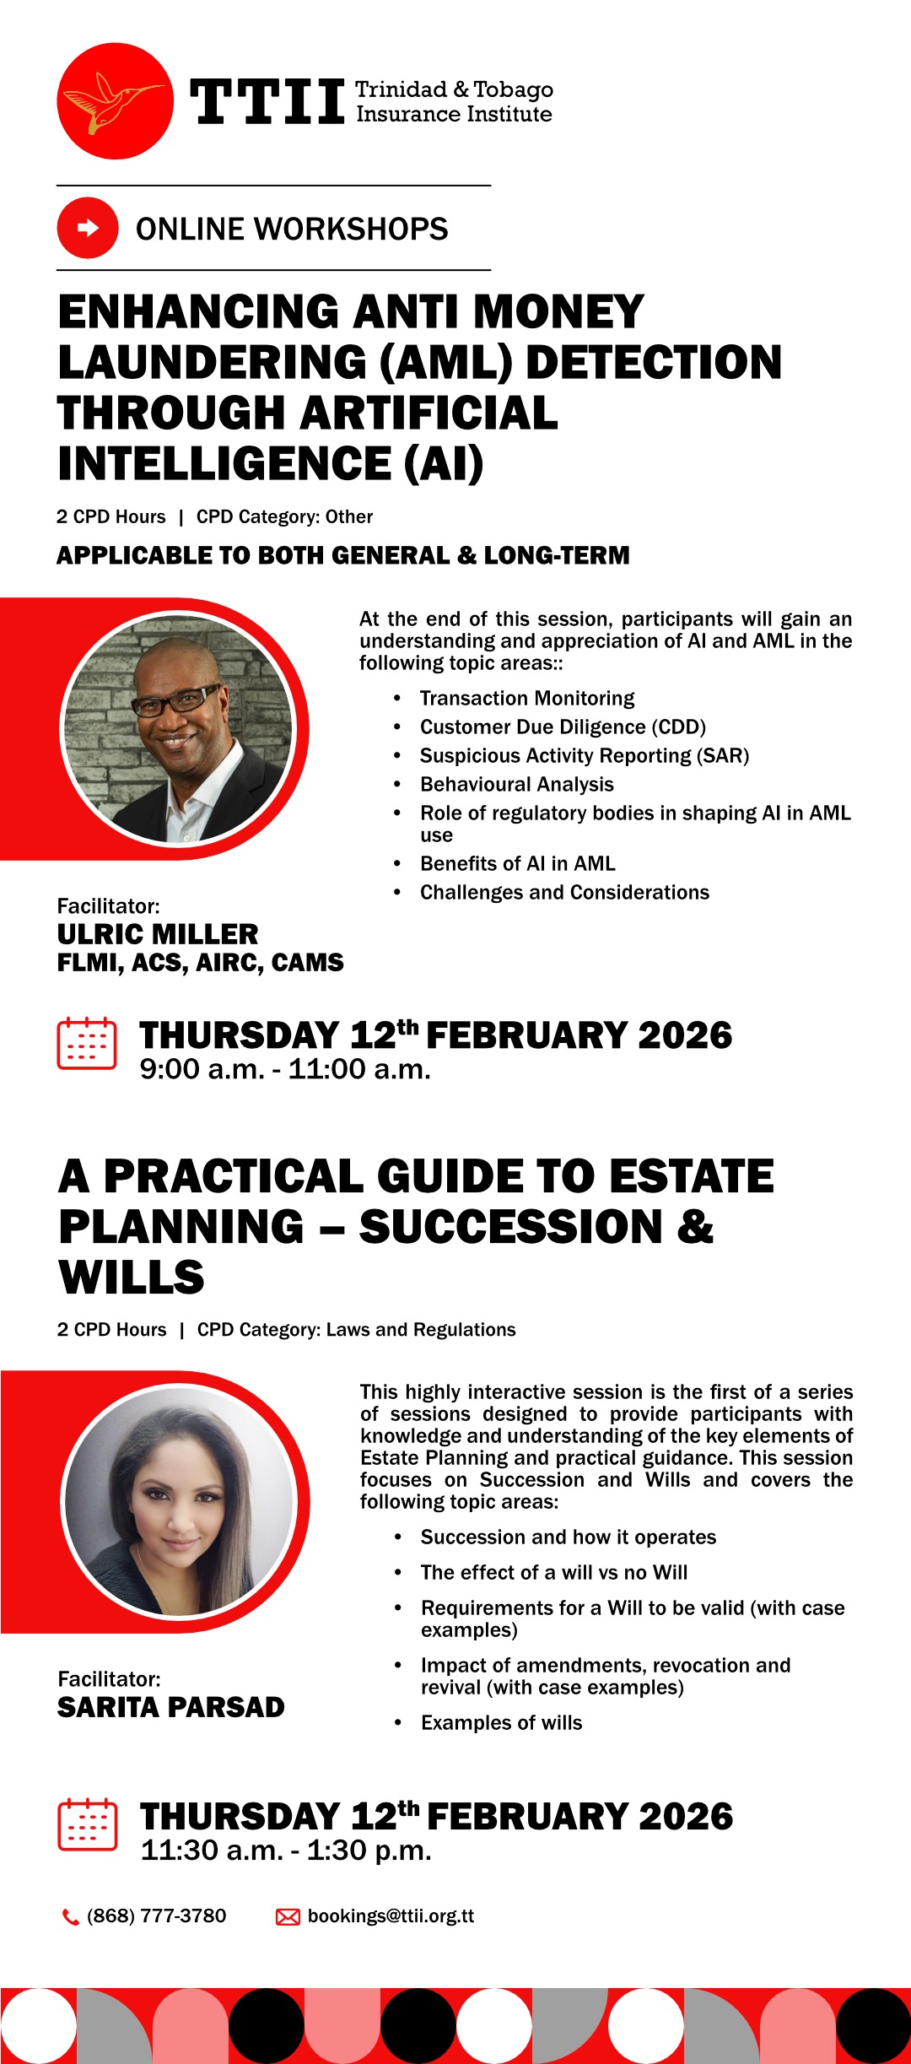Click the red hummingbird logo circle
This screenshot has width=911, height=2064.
115,101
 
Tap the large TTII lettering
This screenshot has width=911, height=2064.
267,102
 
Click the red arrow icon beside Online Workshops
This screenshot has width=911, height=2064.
88,228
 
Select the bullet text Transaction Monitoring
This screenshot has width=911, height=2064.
527,699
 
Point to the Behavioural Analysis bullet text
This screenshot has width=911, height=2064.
517,785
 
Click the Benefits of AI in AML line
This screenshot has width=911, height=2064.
518,864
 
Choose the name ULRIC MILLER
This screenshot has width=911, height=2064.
158,934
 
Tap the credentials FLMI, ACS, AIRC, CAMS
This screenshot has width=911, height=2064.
200,963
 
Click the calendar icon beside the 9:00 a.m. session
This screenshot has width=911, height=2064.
87,1044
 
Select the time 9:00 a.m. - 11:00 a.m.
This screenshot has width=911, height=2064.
285,1070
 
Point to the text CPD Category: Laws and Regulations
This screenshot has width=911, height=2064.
356,1330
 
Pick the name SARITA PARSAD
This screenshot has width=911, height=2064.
171,1707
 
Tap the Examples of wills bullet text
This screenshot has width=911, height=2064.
502,1723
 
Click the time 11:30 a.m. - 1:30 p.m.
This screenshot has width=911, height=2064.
286,1851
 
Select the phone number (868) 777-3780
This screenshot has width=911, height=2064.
156,1916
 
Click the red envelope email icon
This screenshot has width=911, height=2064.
288,1917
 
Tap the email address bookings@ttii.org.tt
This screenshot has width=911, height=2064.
391,1916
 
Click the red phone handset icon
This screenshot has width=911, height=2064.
71,1917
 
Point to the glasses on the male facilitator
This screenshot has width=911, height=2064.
175,700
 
